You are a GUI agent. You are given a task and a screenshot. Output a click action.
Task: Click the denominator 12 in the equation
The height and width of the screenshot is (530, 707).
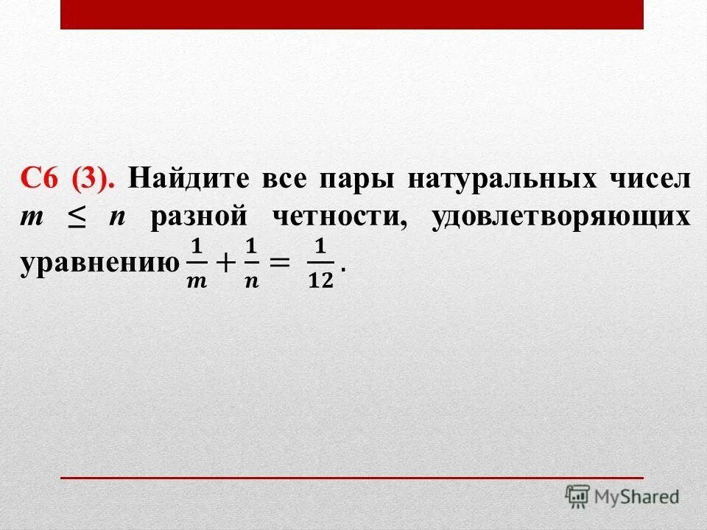point(320,281)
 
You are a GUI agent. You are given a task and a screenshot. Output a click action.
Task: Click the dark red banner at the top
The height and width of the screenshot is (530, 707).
point(352,14)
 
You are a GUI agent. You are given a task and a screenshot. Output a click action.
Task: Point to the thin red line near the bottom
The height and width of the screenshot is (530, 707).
point(352,478)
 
